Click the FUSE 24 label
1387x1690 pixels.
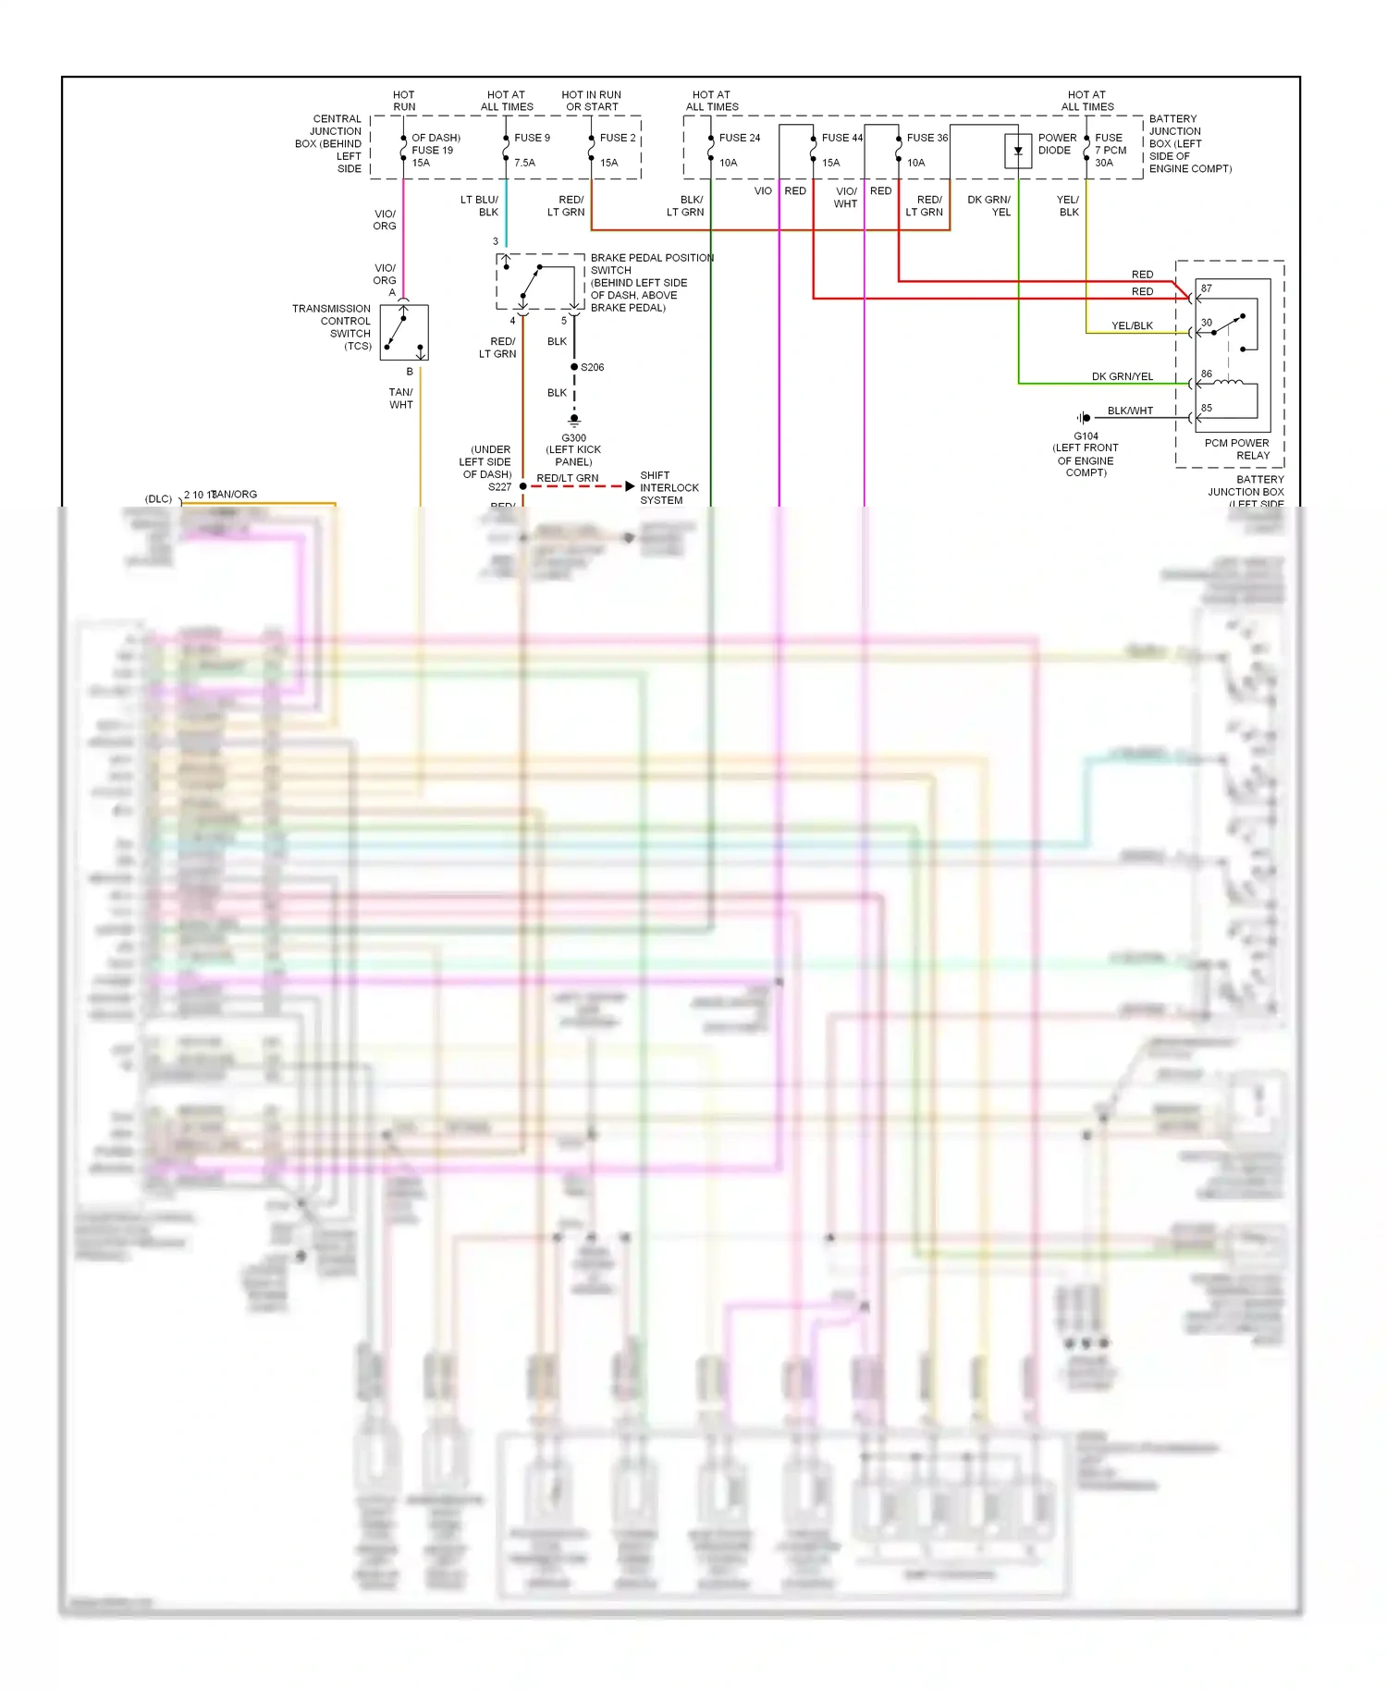(740, 138)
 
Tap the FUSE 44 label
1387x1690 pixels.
(841, 138)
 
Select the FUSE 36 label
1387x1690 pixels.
(927, 138)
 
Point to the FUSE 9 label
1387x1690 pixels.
(532, 138)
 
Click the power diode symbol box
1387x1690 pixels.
(1018, 152)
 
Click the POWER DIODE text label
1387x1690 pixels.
(1057, 144)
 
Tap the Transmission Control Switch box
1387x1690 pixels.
(404, 333)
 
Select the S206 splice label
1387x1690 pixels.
(592, 368)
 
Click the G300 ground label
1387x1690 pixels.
(573, 438)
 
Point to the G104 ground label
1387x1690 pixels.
(1086, 436)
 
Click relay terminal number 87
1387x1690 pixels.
(1207, 288)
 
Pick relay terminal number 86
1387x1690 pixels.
(1207, 374)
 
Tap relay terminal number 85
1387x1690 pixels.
(1207, 408)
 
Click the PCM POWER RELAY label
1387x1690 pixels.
(1237, 449)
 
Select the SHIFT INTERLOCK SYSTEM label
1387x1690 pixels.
(669, 488)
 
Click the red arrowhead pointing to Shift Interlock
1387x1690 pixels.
(630, 486)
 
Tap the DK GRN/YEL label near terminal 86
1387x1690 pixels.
(1122, 377)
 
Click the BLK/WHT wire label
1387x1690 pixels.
(1130, 411)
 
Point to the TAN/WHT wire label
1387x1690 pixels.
(401, 398)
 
